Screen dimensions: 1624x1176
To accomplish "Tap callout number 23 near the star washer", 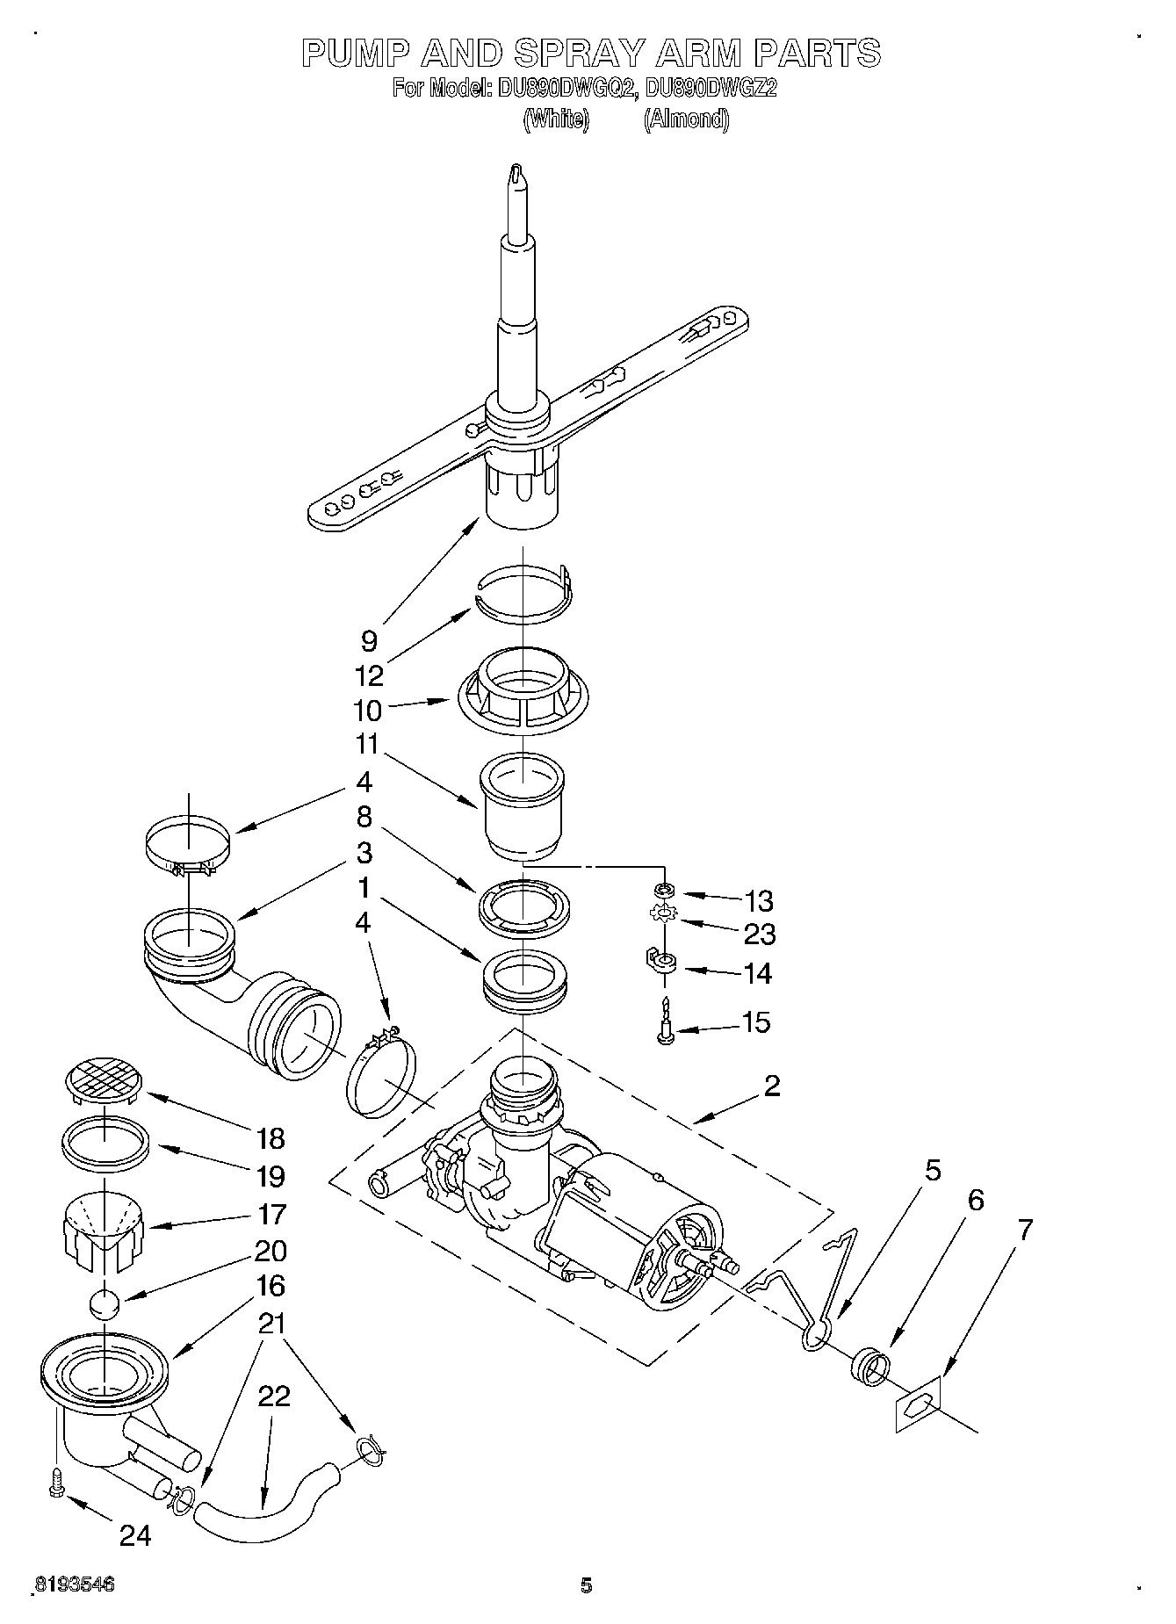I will pos(759,935).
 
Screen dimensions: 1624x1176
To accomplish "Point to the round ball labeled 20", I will pos(105,1303).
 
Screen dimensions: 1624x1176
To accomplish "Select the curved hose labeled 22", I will pos(263,1508).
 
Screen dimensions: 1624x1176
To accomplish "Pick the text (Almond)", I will pos(686,119).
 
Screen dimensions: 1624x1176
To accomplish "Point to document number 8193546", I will pos(75,1584).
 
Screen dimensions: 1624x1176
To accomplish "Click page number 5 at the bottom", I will pos(586,1585).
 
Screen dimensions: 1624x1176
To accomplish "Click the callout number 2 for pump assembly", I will pos(771,1086).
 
